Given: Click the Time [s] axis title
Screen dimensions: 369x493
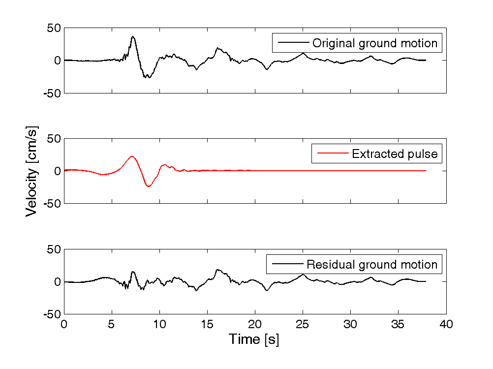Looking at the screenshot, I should click(x=253, y=340).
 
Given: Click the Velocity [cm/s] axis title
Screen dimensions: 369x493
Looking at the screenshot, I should click(x=32, y=171).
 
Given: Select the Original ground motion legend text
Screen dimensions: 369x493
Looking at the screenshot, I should click(x=375, y=43).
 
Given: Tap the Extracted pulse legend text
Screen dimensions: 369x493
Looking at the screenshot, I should click(x=395, y=154).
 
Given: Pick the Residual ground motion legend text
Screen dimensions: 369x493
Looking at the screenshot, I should click(x=372, y=265).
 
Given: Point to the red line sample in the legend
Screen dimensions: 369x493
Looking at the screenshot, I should click(x=332, y=154).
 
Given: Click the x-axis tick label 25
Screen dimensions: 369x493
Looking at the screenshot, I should click(x=303, y=325).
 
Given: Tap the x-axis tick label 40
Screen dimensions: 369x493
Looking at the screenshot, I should click(x=446, y=325).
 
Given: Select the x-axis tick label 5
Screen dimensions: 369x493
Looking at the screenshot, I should click(x=112, y=325).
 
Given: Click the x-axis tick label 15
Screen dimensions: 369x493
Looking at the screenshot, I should click(x=207, y=325).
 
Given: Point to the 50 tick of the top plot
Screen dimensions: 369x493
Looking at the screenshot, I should click(x=54, y=28).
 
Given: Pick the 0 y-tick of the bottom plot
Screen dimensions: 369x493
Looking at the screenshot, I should click(x=57, y=282).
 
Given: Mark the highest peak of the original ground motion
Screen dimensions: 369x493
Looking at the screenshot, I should click(x=132, y=36).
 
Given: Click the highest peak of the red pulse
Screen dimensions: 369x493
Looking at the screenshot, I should click(x=132, y=156).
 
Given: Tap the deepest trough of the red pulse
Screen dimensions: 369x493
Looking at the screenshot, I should click(x=148, y=186).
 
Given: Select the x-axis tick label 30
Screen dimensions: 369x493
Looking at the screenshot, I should click(x=350, y=325).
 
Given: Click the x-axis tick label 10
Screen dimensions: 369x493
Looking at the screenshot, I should click(x=159, y=325).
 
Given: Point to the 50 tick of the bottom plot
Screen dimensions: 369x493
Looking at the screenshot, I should click(x=54, y=249).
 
